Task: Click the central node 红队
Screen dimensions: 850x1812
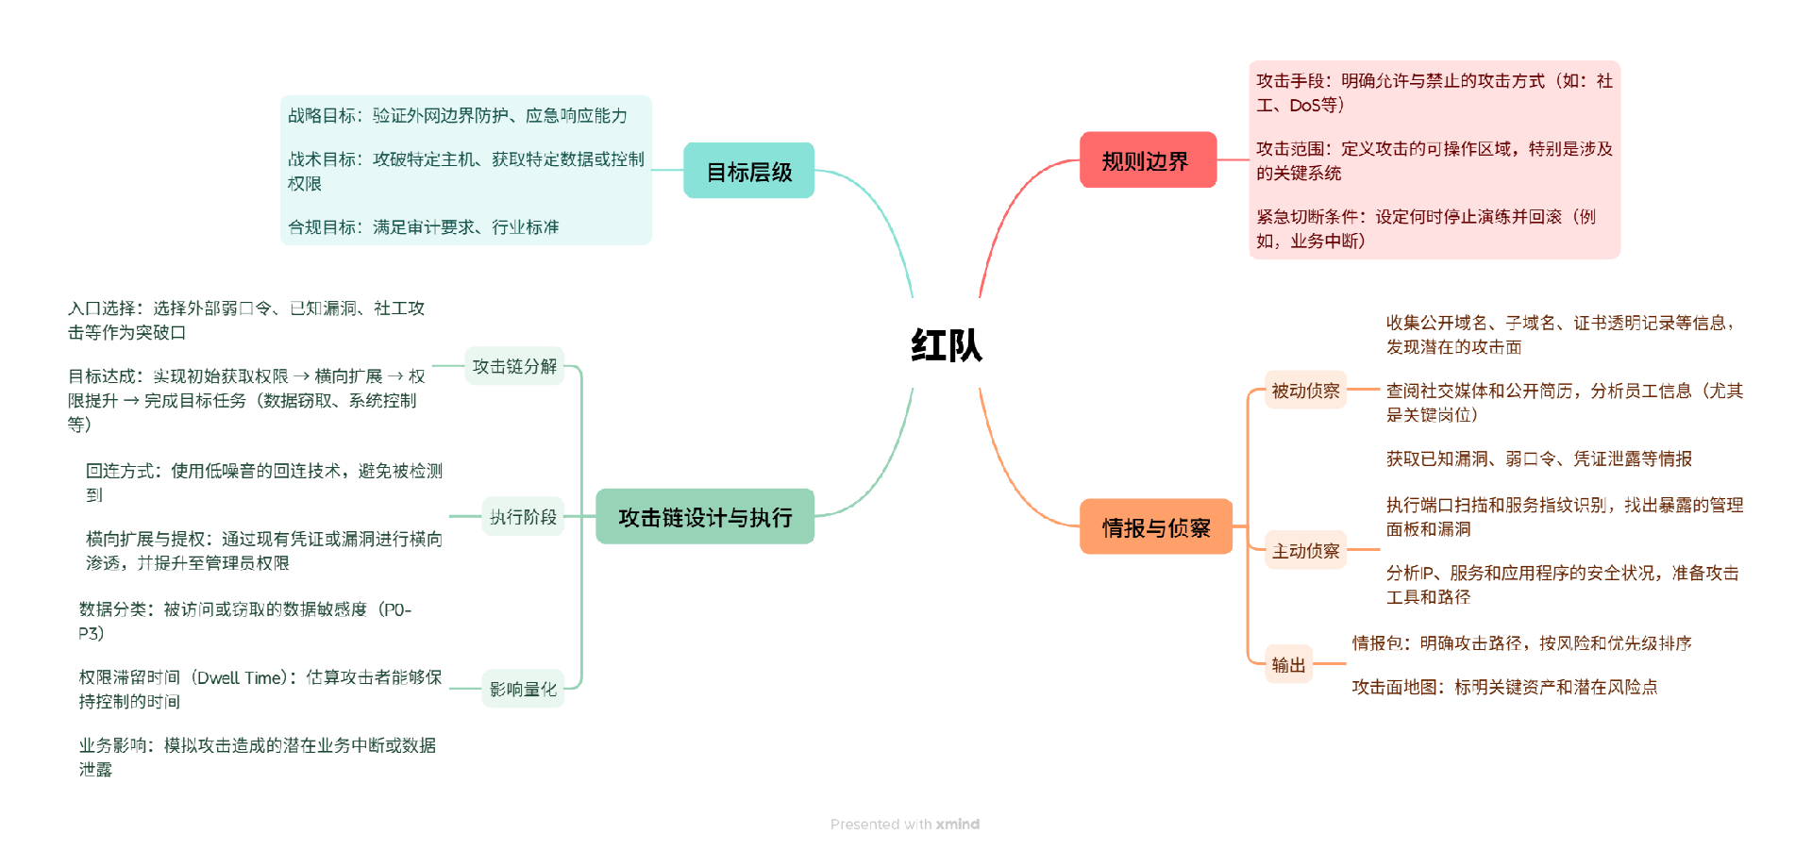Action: click(946, 345)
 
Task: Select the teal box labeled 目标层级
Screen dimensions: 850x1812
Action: click(748, 172)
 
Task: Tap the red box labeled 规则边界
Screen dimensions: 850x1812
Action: click(1147, 161)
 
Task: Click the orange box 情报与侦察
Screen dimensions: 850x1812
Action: click(1155, 527)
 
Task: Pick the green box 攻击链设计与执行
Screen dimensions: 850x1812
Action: click(704, 517)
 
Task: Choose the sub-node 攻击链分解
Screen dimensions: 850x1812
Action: click(514, 366)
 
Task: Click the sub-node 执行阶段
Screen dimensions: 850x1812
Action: click(523, 517)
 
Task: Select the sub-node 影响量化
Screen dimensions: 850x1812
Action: click(523, 690)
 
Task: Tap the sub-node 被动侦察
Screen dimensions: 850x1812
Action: click(1305, 391)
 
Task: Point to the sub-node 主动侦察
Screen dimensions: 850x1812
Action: click(1305, 551)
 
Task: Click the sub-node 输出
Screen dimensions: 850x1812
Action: click(1288, 665)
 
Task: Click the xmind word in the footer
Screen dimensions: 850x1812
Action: click(958, 825)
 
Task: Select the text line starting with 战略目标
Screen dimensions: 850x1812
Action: click(458, 116)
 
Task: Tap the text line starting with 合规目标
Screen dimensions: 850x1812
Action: click(423, 227)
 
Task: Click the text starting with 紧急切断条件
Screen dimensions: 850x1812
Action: click(1425, 228)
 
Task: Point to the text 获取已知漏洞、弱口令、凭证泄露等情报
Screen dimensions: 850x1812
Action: click(1538, 459)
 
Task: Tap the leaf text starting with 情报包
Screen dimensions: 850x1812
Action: click(1521, 643)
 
